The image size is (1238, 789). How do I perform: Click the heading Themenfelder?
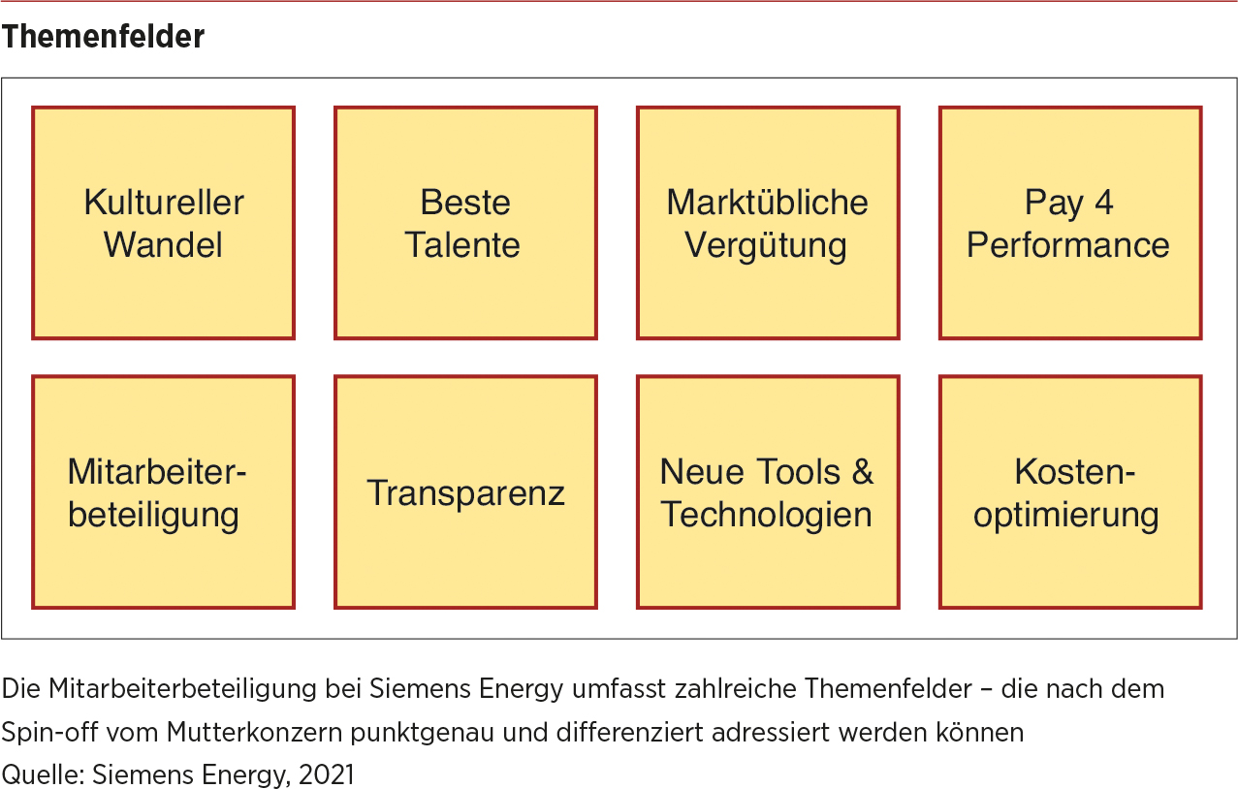click(x=103, y=37)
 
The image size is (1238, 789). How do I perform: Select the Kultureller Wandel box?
click(x=163, y=223)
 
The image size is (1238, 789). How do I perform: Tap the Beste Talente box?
click(x=465, y=223)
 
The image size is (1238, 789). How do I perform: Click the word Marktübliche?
click(x=767, y=203)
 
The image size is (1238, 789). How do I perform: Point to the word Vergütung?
click(x=766, y=246)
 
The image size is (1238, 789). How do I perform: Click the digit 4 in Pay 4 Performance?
click(x=1103, y=203)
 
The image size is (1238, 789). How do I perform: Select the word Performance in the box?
click(x=1067, y=245)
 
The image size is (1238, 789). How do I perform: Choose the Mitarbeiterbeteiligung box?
click(x=163, y=492)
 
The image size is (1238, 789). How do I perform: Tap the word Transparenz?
click(x=465, y=492)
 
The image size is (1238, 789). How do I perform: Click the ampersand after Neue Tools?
click(x=863, y=472)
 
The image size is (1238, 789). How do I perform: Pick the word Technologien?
click(x=766, y=515)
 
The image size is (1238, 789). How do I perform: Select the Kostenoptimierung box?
click(x=1070, y=492)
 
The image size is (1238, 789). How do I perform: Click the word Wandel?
click(x=163, y=245)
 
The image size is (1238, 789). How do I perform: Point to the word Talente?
click(x=462, y=245)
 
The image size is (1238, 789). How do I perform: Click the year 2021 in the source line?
click(x=326, y=774)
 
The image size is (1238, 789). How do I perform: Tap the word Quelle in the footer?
click(x=43, y=774)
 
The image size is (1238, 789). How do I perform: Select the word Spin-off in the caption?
click(x=49, y=733)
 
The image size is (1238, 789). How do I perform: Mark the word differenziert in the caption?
click(x=630, y=733)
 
